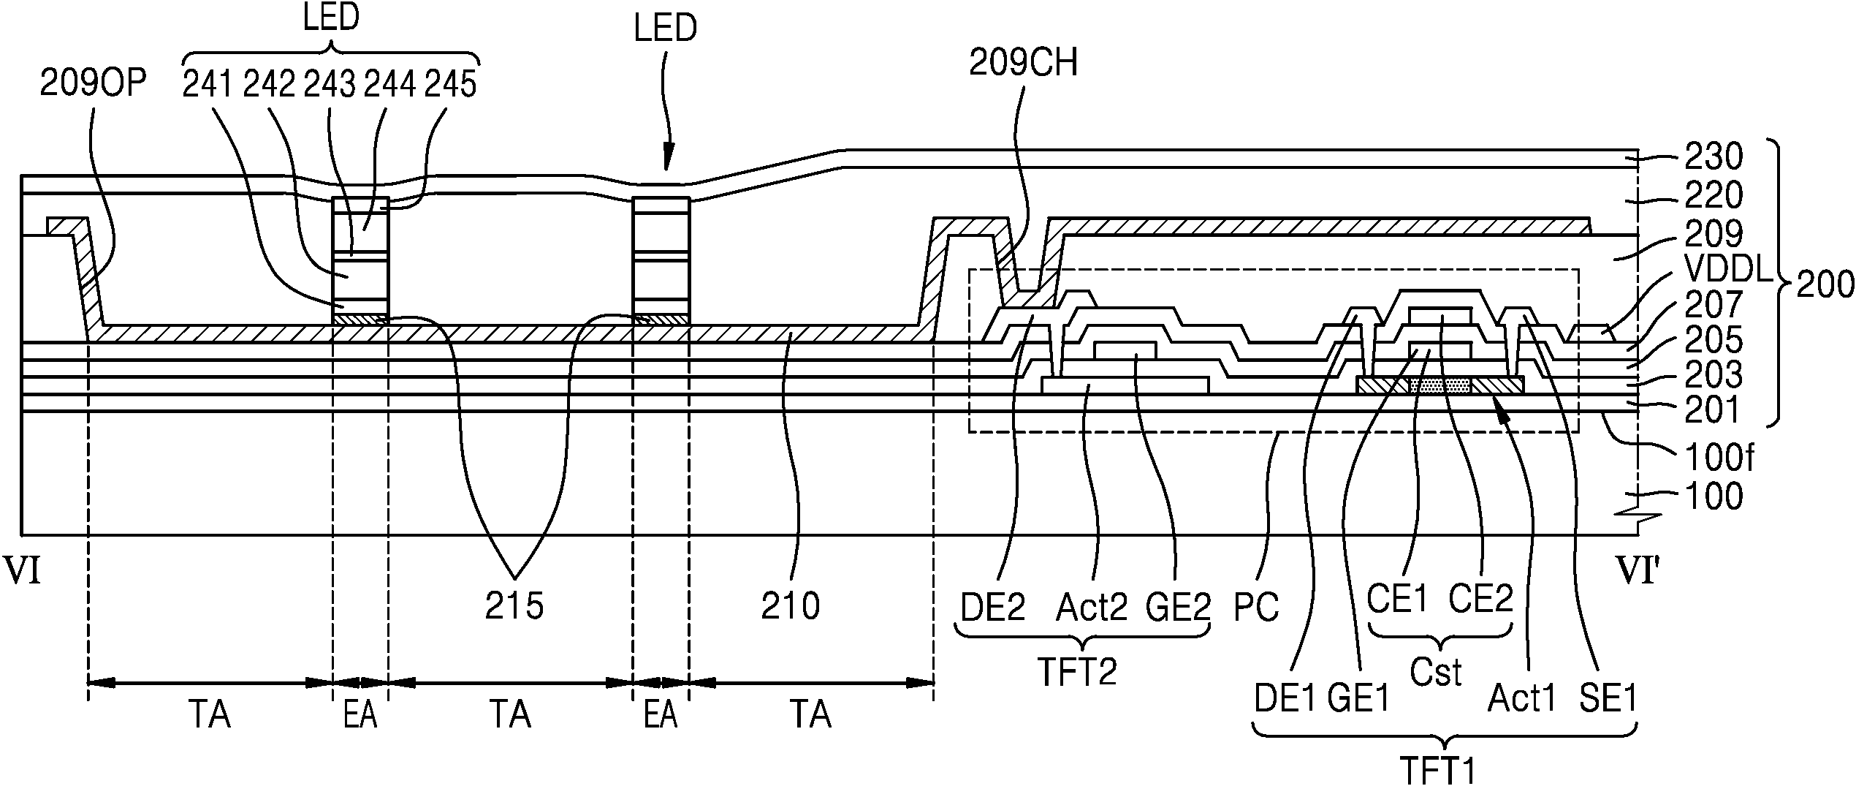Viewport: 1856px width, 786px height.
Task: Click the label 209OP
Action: pos(93,85)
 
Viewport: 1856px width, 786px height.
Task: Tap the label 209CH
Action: pos(1023,64)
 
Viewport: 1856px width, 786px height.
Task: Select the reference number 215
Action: pos(514,606)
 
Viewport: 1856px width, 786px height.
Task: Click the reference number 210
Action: pos(791,606)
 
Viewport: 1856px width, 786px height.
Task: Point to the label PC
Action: pos(1256,607)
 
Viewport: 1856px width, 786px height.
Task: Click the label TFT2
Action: pos(1077,671)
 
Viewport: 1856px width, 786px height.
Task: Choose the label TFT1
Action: pos(1438,770)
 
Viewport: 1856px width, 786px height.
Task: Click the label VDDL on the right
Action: pos(1727,271)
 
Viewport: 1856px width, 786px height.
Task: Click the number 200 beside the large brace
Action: pos(1825,285)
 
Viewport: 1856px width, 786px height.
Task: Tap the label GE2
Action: pos(1178,607)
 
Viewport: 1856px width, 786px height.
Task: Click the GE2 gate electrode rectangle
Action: pos(1125,350)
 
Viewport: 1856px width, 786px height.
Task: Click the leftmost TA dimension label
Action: pos(210,714)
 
